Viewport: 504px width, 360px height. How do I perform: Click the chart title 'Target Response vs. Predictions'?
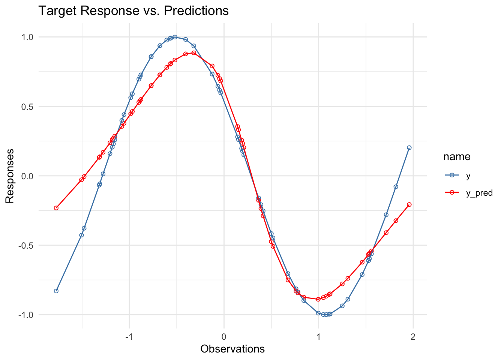[133, 11]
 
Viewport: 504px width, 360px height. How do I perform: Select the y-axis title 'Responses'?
[10, 176]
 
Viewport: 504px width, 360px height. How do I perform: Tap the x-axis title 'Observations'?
[232, 349]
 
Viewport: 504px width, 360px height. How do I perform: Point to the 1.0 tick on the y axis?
[27, 37]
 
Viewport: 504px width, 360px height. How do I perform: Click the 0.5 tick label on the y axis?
[27, 106]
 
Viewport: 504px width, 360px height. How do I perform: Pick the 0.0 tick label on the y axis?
[27, 176]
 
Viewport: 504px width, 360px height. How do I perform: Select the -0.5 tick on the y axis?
[26, 246]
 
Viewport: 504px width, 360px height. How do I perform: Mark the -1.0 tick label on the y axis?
[26, 315]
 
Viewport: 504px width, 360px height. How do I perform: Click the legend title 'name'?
[457, 157]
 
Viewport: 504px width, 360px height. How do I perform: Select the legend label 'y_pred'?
[479, 193]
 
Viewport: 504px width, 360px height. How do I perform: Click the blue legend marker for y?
[452, 175]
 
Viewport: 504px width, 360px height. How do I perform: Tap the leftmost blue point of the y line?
[56, 291]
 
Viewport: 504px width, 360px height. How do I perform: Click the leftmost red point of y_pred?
[56, 208]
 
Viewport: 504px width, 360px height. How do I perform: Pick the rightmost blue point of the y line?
[409, 148]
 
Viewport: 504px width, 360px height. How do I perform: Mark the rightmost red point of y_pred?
[409, 204]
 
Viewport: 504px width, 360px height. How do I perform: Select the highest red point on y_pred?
[193, 53]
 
